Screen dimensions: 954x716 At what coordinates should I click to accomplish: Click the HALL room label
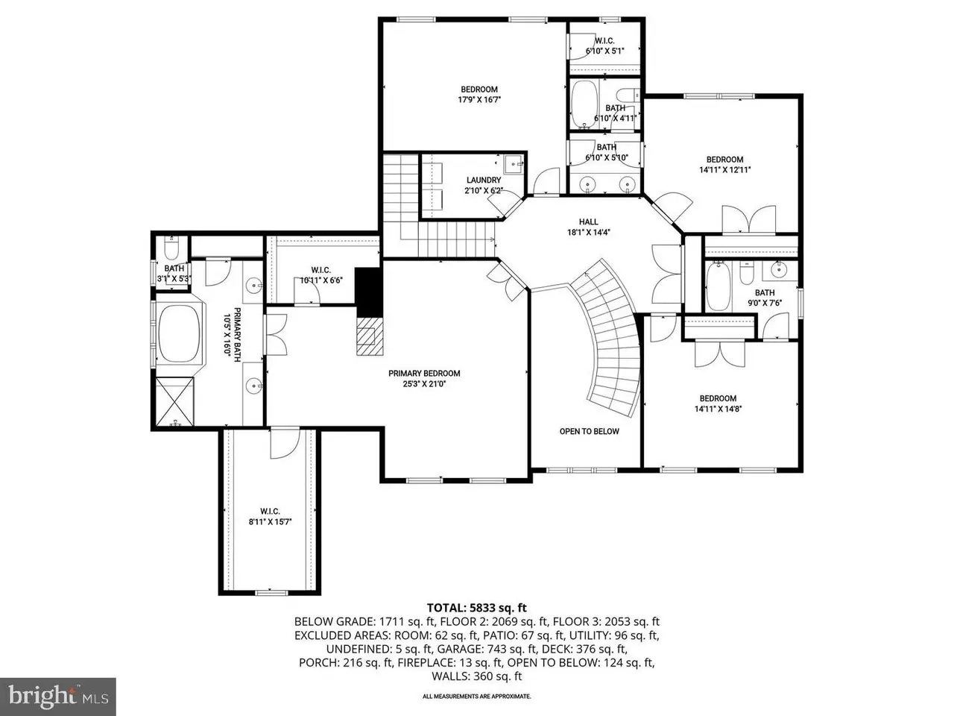point(589,222)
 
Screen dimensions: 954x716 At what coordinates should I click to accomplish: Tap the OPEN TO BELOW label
point(590,431)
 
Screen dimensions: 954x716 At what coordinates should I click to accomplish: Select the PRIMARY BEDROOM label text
point(424,374)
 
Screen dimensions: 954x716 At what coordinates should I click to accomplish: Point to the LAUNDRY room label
point(484,180)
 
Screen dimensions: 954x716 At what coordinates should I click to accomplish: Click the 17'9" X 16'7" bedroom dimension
point(479,99)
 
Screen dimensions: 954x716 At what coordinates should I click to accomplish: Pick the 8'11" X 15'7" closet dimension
point(270,521)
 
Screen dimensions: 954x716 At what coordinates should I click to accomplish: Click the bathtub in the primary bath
point(180,327)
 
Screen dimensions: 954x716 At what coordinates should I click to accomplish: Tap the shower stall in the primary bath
point(174,402)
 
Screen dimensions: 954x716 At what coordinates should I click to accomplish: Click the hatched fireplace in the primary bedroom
point(370,336)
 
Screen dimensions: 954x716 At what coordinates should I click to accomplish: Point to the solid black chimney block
point(369,292)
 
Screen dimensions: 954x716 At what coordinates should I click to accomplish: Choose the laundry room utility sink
point(514,164)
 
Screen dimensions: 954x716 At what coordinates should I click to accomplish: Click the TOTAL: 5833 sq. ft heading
point(477,608)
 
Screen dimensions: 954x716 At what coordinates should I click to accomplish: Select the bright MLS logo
point(58,696)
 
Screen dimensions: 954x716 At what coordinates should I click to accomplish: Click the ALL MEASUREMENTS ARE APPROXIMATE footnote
point(477,697)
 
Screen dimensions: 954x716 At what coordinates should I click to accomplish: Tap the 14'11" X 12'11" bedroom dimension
point(725,170)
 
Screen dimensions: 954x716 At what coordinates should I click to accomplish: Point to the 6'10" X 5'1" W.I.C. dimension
point(604,51)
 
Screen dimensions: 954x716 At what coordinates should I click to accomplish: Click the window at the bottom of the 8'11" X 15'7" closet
point(271,592)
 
